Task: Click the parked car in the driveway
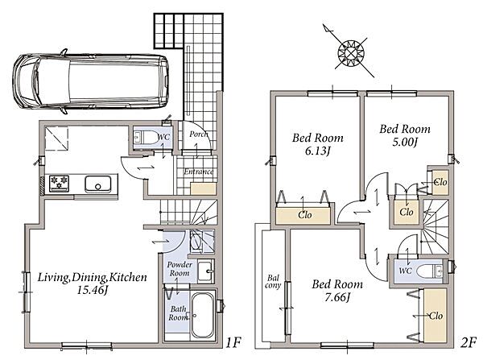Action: pos(90,81)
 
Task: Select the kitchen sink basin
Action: pos(97,184)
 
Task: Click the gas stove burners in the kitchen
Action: pos(59,183)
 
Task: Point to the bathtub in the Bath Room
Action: pos(202,315)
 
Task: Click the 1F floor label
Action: pos(233,342)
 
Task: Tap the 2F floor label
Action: pos(469,342)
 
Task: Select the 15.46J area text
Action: pos(92,290)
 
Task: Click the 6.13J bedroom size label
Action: pos(318,151)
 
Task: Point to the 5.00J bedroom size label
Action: pos(405,142)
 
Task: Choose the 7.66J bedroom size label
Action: pos(337,297)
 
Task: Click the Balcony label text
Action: pos(273,282)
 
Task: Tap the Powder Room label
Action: pos(180,269)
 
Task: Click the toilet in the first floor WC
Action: pos(147,137)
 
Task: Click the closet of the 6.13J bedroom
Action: pos(303,216)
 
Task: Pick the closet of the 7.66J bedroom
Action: pos(436,316)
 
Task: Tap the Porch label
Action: pos(199,134)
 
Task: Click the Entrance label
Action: pos(199,172)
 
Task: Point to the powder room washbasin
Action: pos(205,271)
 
